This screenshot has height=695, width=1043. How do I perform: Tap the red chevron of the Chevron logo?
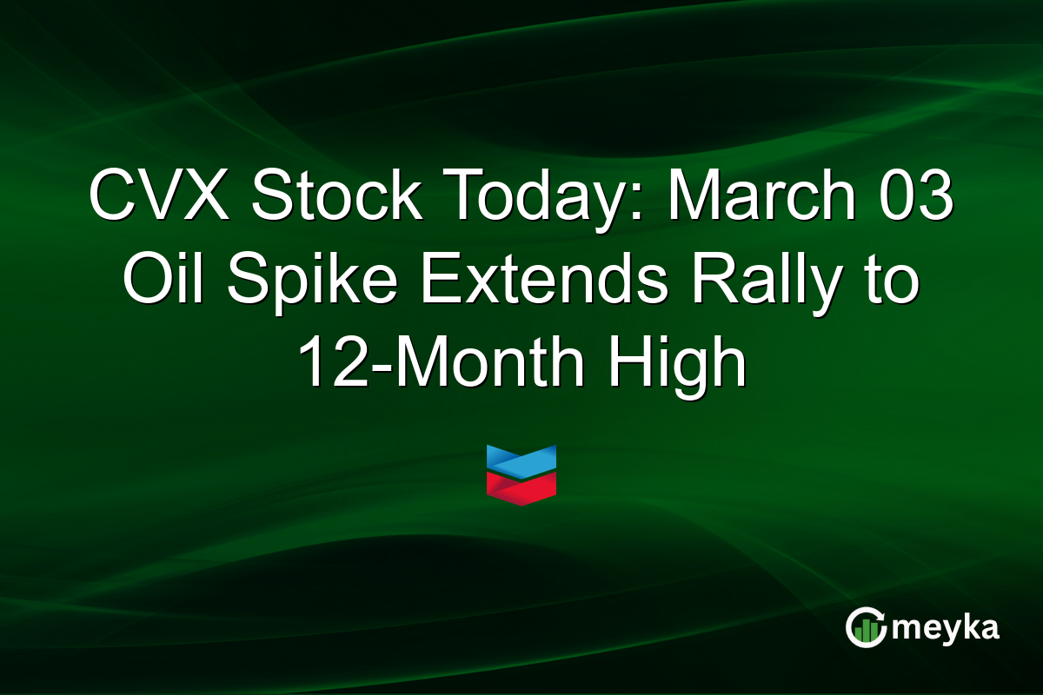coord(521,486)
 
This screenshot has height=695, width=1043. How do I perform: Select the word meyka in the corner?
coord(946,628)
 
